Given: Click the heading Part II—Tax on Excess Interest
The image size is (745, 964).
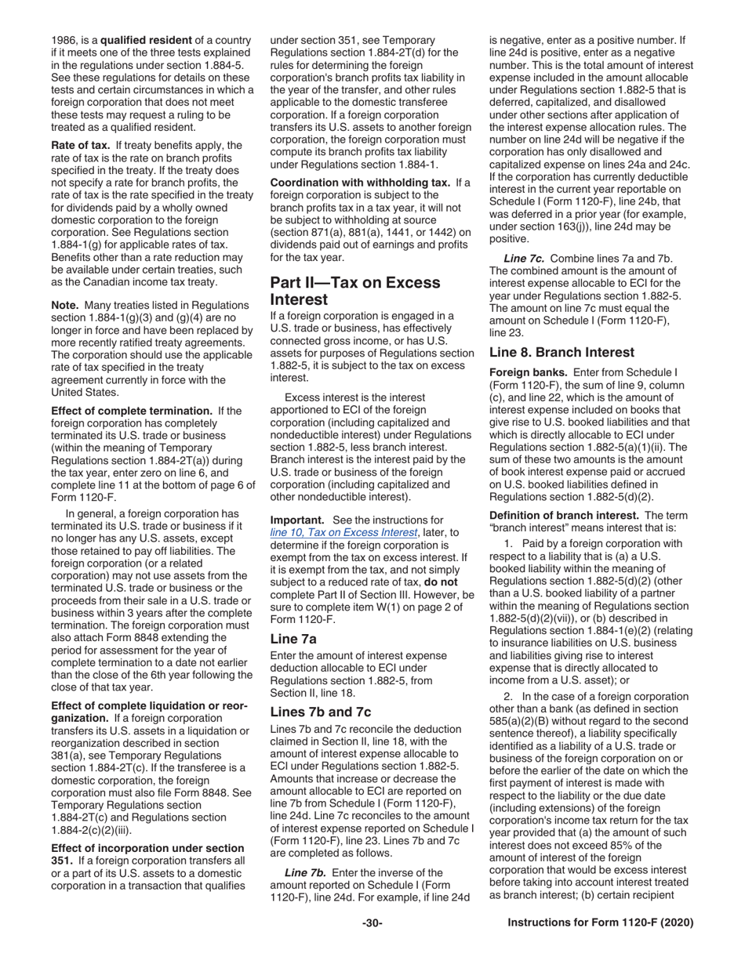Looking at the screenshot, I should coord(355,291).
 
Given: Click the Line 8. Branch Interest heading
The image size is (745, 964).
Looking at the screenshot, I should coord(561,353).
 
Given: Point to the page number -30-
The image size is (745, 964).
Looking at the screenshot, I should coord(372,923).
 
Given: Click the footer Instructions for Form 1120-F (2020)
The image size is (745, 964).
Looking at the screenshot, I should coord(600,923).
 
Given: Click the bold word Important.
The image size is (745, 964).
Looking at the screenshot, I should coord(298,520).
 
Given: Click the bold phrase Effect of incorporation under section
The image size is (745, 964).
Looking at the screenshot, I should coord(147,848).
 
